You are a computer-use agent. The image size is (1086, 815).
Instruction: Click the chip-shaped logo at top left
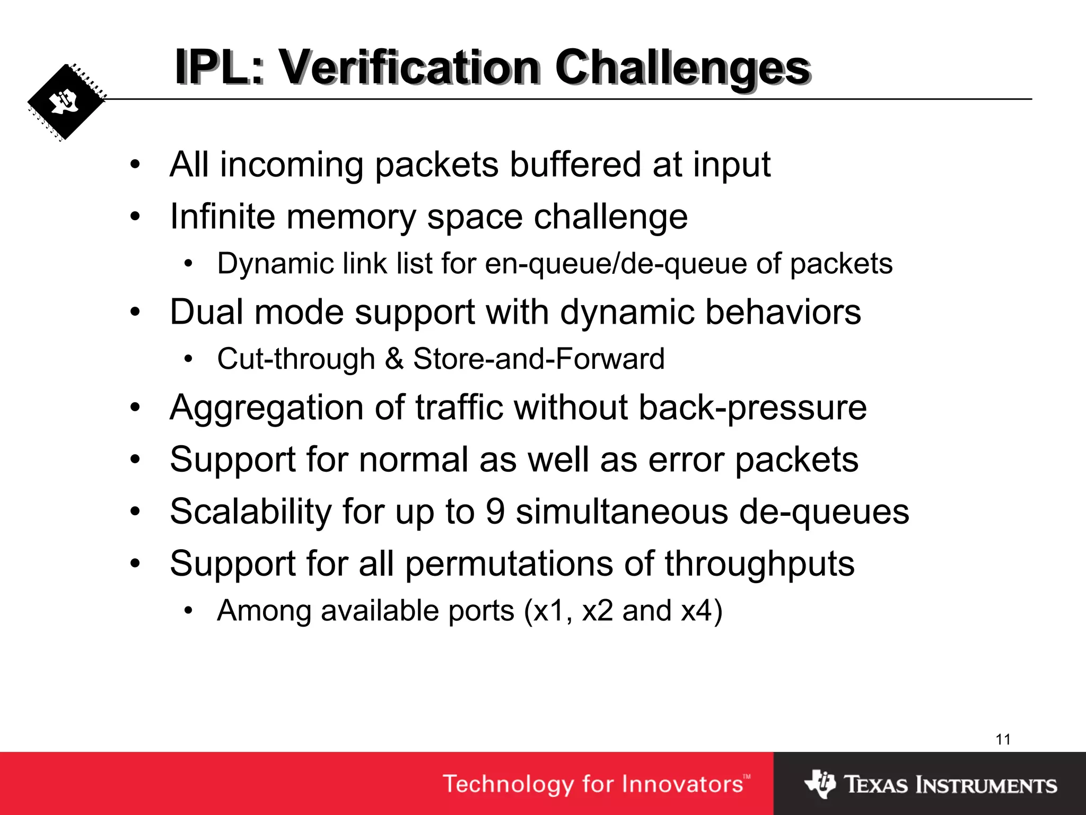[x=66, y=102]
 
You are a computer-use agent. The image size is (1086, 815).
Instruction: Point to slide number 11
[x=1003, y=739]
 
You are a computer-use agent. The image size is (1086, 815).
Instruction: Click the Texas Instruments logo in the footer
[x=931, y=784]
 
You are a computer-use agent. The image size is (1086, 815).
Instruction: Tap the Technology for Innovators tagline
[x=597, y=784]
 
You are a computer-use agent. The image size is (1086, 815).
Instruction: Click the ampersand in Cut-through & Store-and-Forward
[x=394, y=359]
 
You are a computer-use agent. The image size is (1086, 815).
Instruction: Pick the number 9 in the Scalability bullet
[x=495, y=511]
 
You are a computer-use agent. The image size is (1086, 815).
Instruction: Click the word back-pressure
[x=752, y=407]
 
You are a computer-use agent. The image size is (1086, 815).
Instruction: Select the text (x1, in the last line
[x=548, y=611]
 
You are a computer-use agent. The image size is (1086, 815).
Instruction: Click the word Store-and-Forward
[x=539, y=359]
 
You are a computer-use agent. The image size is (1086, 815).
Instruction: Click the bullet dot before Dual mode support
[x=136, y=312]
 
